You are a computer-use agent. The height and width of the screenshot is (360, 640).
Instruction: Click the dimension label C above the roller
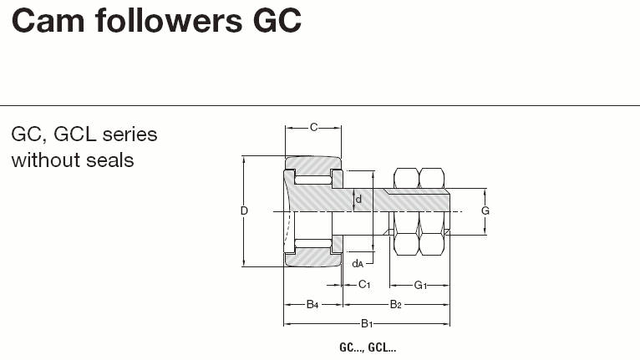313,127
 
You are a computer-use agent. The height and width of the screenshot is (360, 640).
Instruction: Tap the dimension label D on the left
244,211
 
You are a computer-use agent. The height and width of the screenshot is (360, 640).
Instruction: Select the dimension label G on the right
485,211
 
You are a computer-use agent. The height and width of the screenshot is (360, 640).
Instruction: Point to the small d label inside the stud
358,199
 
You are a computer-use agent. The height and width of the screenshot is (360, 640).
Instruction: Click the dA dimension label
358,264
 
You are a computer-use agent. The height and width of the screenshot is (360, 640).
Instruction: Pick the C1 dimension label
363,284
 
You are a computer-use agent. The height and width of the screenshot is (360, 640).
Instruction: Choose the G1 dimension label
420,284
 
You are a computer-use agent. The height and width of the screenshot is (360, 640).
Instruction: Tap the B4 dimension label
312,304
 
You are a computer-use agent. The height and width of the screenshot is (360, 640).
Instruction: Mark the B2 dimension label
396,304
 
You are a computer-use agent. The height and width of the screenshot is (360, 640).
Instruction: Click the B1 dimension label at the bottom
366,323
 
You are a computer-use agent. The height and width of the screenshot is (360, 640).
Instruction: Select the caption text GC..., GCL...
367,347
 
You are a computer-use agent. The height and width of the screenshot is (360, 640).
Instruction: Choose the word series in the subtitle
130,134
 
